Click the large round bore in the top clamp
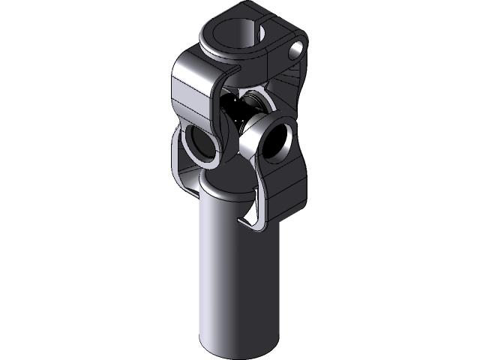pos(238,34)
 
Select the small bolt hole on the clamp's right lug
pos(296,49)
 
